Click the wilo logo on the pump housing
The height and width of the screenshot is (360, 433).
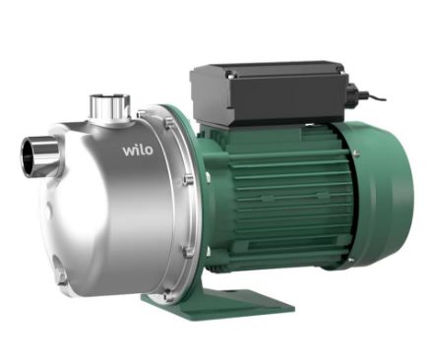(138, 150)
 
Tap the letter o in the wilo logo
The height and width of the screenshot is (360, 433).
(149, 150)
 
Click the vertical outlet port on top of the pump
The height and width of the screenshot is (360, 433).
(110, 106)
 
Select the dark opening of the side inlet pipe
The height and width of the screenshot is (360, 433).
(28, 153)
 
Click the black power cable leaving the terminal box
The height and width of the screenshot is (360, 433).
(372, 96)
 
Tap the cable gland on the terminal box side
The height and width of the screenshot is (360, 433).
(353, 90)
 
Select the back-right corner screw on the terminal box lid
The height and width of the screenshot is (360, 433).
(340, 69)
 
